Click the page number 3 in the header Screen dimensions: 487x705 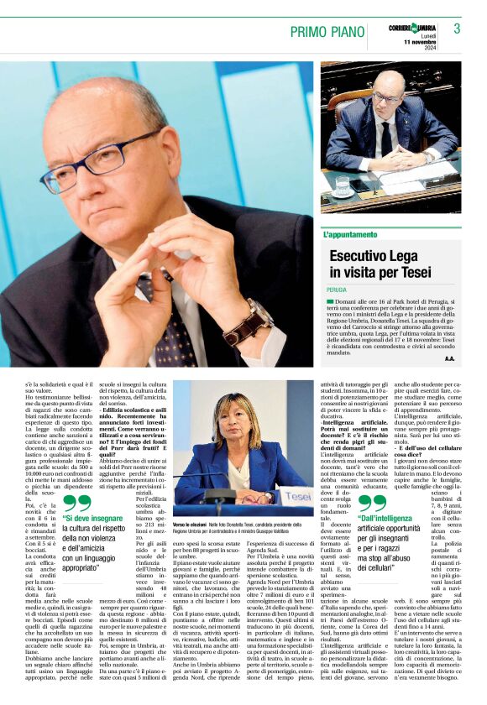pyautogui.click(x=457, y=29)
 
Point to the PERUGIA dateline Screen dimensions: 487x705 pyautogui.click(x=337, y=289)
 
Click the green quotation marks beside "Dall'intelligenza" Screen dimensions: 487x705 pyautogui.click(x=373, y=504)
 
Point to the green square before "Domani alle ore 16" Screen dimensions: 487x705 pyautogui.click(x=330, y=300)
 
